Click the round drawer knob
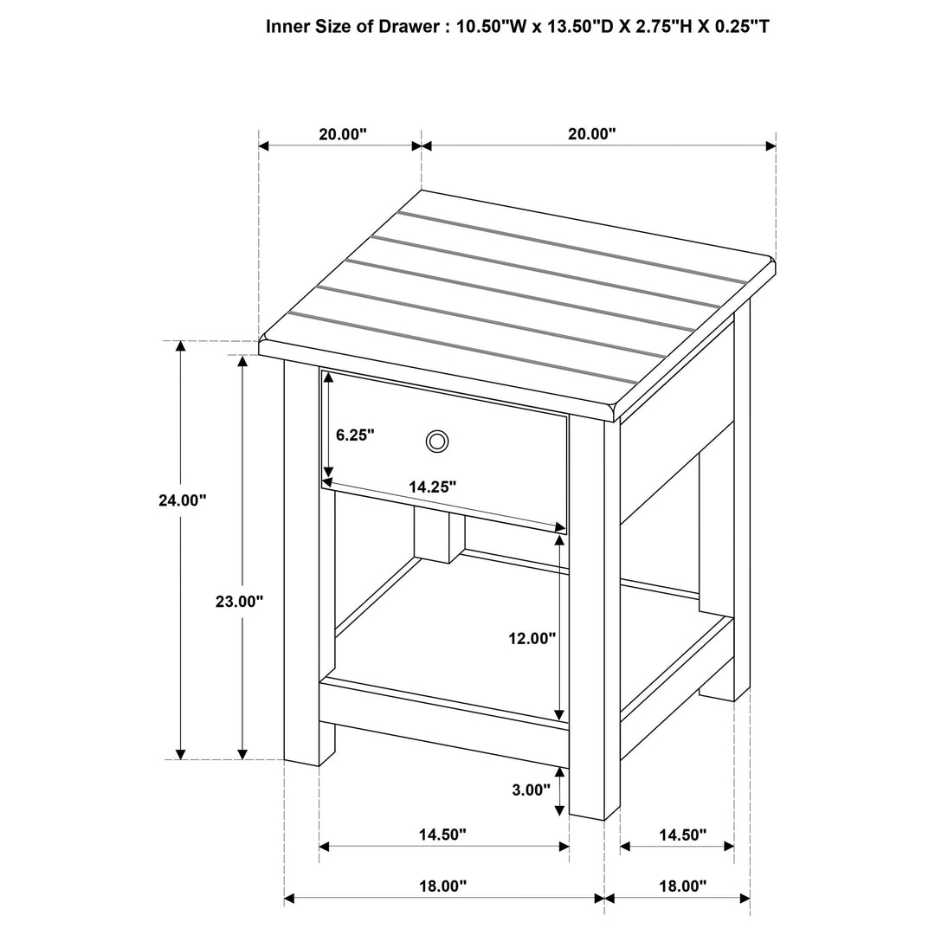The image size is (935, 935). click(437, 442)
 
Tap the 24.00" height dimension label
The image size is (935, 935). click(183, 500)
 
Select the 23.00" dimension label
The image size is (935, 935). click(239, 602)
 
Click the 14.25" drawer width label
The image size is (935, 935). click(433, 487)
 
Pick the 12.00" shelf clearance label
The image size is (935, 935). click(532, 639)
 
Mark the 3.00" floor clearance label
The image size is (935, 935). click(532, 790)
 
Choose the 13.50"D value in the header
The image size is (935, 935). click(579, 27)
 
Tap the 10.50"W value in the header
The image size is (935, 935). click(492, 27)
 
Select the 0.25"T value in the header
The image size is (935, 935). click(738, 27)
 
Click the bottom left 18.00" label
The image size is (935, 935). click(442, 886)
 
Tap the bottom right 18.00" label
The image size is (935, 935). click(682, 886)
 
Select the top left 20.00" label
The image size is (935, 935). click(343, 134)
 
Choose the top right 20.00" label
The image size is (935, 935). click(592, 134)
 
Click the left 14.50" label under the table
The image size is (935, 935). click(442, 835)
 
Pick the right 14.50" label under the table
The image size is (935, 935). click(682, 835)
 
